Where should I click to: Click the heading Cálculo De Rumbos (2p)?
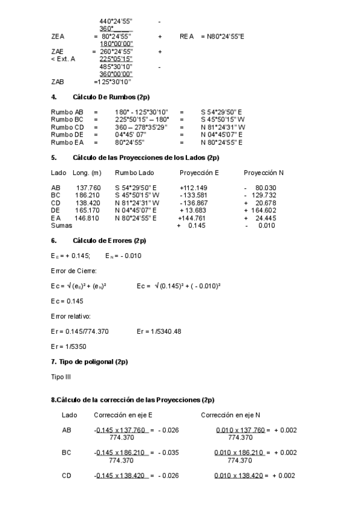click(x=111, y=97)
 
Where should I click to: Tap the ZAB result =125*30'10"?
click(x=112, y=82)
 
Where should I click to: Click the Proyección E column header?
click(x=200, y=173)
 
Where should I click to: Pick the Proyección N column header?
click(x=263, y=173)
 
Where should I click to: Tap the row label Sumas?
click(x=61, y=225)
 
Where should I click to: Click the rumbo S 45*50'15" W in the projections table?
click(x=138, y=195)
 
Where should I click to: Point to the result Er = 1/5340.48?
click(x=159, y=331)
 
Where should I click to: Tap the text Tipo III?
click(x=61, y=376)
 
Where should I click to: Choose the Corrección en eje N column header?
click(x=231, y=416)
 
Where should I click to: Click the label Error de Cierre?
click(x=71, y=270)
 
